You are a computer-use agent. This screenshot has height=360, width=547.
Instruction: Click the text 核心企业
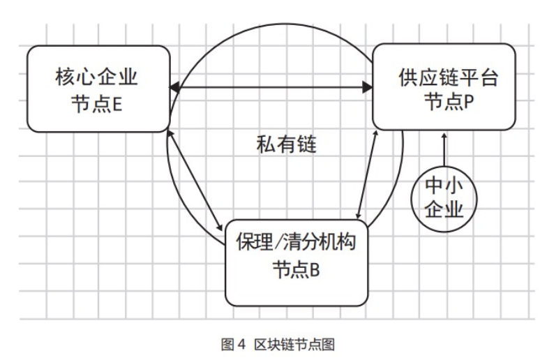pyautogui.click(x=96, y=77)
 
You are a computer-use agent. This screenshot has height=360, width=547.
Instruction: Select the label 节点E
pyautogui.click(x=96, y=103)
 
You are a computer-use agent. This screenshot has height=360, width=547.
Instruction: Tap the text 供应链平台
pyautogui.click(x=449, y=77)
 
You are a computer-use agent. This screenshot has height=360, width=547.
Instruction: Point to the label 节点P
pyautogui.click(x=449, y=102)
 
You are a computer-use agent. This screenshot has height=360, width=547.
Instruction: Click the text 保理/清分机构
pyautogui.click(x=296, y=241)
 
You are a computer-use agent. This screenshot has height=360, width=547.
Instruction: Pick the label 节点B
pyautogui.click(x=296, y=269)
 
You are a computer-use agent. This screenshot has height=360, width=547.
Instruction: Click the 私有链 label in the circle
pyautogui.click(x=286, y=144)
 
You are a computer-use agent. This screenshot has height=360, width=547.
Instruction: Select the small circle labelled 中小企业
pyautogui.click(x=444, y=199)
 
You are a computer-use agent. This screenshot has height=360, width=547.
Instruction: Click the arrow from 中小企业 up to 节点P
pyautogui.click(x=444, y=149)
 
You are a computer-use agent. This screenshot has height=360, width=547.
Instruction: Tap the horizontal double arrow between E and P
pyautogui.click(x=271, y=87)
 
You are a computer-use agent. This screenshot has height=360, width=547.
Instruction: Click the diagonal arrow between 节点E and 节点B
pyautogui.click(x=195, y=181)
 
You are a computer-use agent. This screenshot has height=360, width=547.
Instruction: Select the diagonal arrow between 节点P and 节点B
pyautogui.click(x=367, y=174)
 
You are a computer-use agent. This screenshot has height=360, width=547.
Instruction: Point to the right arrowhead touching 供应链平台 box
pyautogui.click(x=368, y=87)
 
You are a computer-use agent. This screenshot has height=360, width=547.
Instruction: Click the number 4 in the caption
pyautogui.click(x=241, y=345)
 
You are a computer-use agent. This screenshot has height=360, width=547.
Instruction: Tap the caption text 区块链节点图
pyautogui.click(x=294, y=345)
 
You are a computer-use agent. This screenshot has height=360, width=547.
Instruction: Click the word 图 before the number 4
pyautogui.click(x=227, y=345)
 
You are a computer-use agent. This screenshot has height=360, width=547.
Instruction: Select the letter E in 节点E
pyautogui.click(x=117, y=104)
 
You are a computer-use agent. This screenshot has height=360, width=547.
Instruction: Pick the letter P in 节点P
pyautogui.click(x=469, y=102)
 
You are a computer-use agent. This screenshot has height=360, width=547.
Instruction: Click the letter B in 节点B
pyautogui.click(x=315, y=269)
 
